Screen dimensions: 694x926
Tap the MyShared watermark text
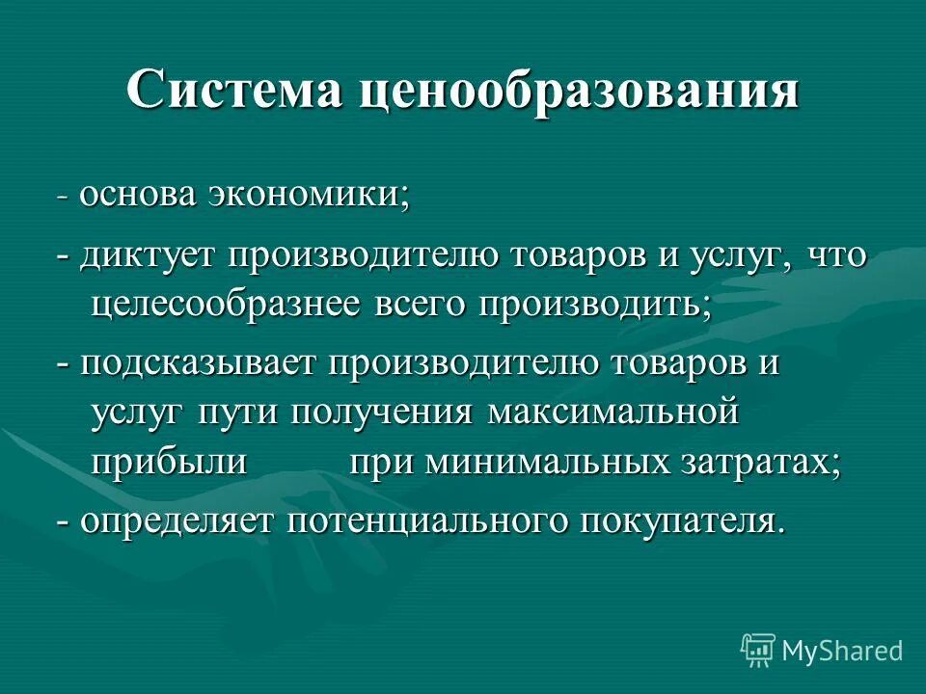[842, 651]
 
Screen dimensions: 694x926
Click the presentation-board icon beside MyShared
[758, 651]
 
